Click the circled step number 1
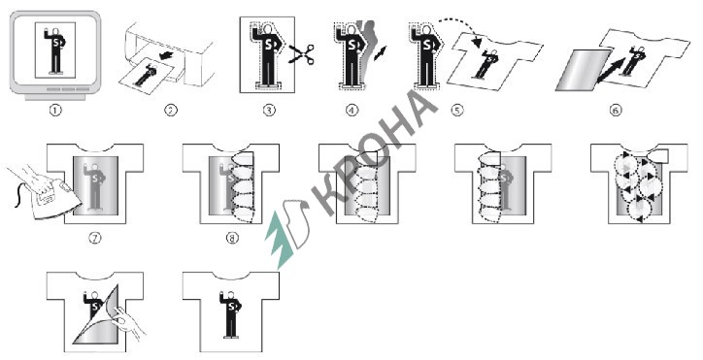tap(55, 111)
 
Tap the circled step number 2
tap(171, 110)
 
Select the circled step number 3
tap(269, 110)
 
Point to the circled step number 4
tap(352, 110)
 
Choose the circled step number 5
tap(457, 110)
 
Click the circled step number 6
tap(617, 111)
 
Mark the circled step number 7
tap(94, 238)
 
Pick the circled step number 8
tap(232, 238)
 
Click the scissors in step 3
tap(302, 53)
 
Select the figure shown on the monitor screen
tap(55, 50)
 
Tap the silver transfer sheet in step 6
tap(583, 71)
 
